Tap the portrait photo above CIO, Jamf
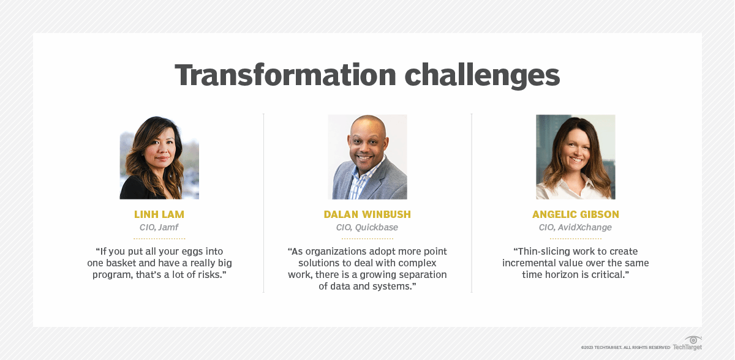pyautogui.click(x=159, y=157)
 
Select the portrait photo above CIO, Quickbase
pyautogui.click(x=367, y=157)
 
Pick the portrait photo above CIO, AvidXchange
pyautogui.click(x=575, y=157)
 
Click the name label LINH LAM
pyautogui.click(x=159, y=214)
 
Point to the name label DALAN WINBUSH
pyautogui.click(x=367, y=214)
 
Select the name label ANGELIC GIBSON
pyautogui.click(x=575, y=214)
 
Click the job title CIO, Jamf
pyautogui.click(x=159, y=227)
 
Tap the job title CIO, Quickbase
pyautogui.click(x=367, y=227)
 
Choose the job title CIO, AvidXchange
pyautogui.click(x=575, y=227)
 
